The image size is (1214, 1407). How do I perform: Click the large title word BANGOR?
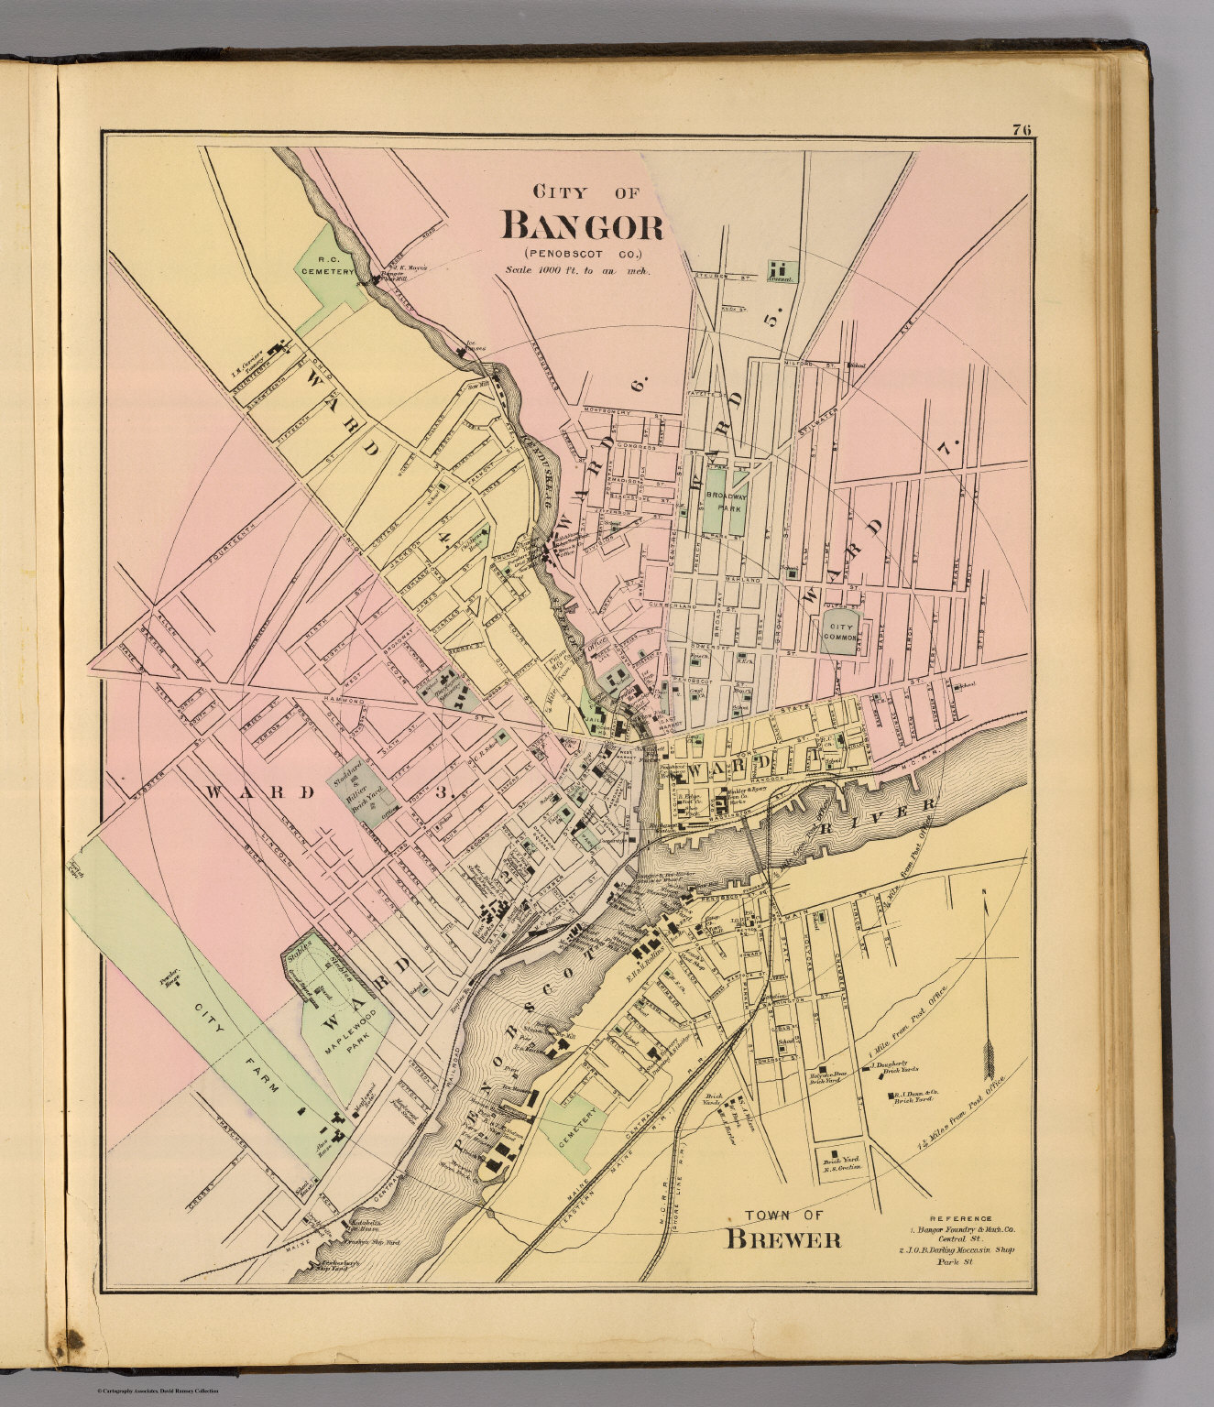tap(582, 225)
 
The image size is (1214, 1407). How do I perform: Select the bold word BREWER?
tap(783, 1241)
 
